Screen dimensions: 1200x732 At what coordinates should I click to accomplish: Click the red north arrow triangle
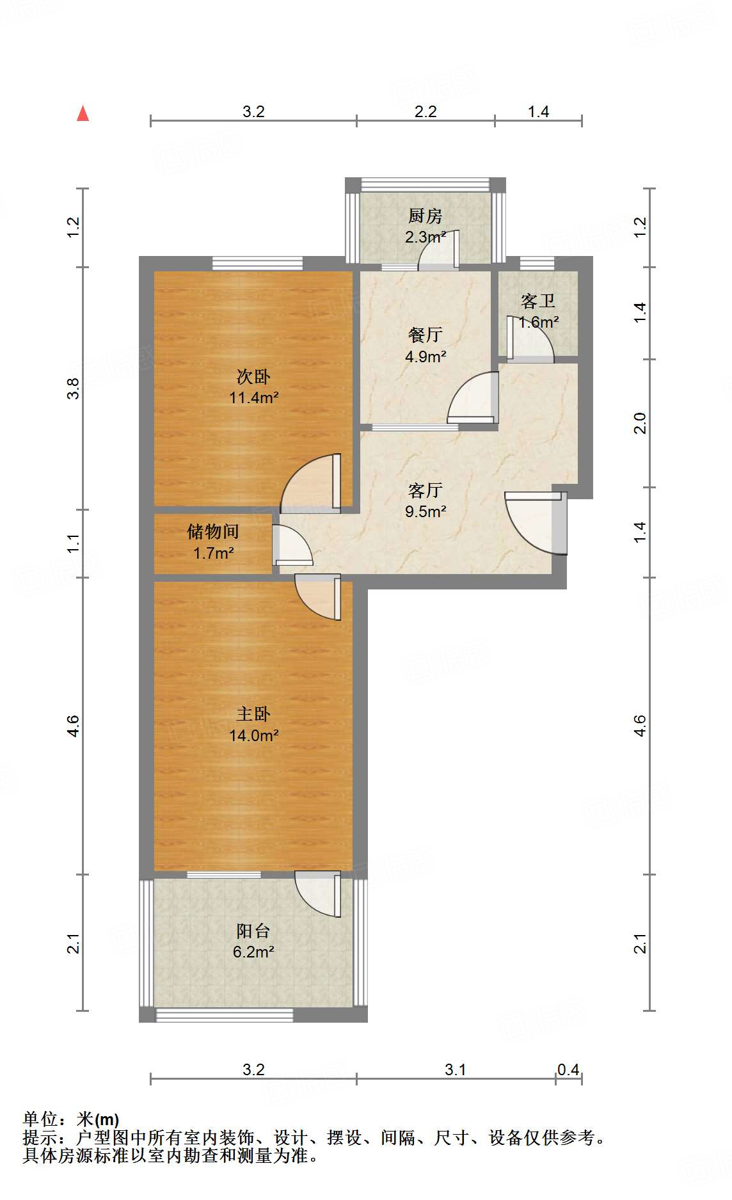point(83,113)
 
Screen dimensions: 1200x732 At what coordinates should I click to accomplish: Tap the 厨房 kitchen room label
point(425,216)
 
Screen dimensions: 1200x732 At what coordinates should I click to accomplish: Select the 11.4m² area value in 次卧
point(253,397)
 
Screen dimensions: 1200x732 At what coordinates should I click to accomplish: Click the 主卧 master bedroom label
point(253,714)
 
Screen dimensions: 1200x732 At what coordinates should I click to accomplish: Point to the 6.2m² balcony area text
point(253,952)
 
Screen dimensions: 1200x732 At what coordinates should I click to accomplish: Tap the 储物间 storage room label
point(213,531)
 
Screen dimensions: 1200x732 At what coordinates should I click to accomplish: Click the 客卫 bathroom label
point(537,300)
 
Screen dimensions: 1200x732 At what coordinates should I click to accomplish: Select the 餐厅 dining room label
point(425,334)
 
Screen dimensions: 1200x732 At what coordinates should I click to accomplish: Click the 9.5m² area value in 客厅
point(425,511)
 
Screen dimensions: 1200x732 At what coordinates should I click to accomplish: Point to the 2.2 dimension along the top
point(425,112)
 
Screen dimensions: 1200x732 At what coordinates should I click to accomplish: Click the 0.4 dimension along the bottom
point(568,1069)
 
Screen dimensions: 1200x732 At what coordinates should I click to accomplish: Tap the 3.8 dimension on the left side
point(74,388)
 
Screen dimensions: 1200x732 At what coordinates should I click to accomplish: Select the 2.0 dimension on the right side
point(640,423)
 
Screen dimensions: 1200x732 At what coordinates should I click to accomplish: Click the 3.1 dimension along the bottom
point(455,1069)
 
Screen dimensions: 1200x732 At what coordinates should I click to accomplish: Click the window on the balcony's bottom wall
point(225,1014)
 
